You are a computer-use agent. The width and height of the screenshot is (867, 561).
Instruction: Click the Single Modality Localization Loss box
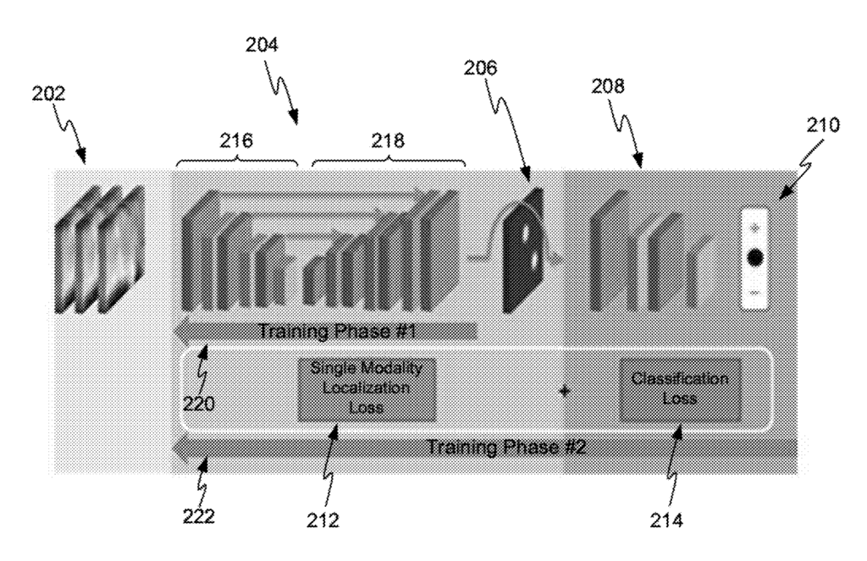[367, 388]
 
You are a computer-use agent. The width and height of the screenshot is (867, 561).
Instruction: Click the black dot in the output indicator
[755, 258]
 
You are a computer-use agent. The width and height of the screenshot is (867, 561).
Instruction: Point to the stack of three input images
[99, 248]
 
